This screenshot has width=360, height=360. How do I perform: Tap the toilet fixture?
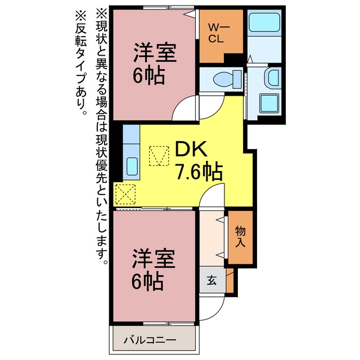[227, 79]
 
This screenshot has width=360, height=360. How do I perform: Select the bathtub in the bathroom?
[264, 22]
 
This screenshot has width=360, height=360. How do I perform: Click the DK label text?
[191, 148]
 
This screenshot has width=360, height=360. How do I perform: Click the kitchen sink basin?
[132, 166]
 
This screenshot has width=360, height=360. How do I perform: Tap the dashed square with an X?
[125, 194]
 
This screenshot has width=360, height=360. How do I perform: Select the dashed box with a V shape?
[159, 156]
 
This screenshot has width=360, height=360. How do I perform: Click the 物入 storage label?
[240, 237]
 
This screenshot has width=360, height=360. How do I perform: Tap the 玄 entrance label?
[211, 280]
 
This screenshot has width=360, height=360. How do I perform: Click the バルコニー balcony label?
[150, 340]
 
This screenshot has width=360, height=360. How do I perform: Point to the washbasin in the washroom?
[272, 76]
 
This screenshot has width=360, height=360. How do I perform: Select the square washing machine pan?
[270, 103]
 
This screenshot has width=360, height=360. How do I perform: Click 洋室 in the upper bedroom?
[155, 52]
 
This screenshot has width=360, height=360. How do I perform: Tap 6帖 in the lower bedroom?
[147, 281]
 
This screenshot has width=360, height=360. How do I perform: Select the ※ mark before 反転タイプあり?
[80, 16]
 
